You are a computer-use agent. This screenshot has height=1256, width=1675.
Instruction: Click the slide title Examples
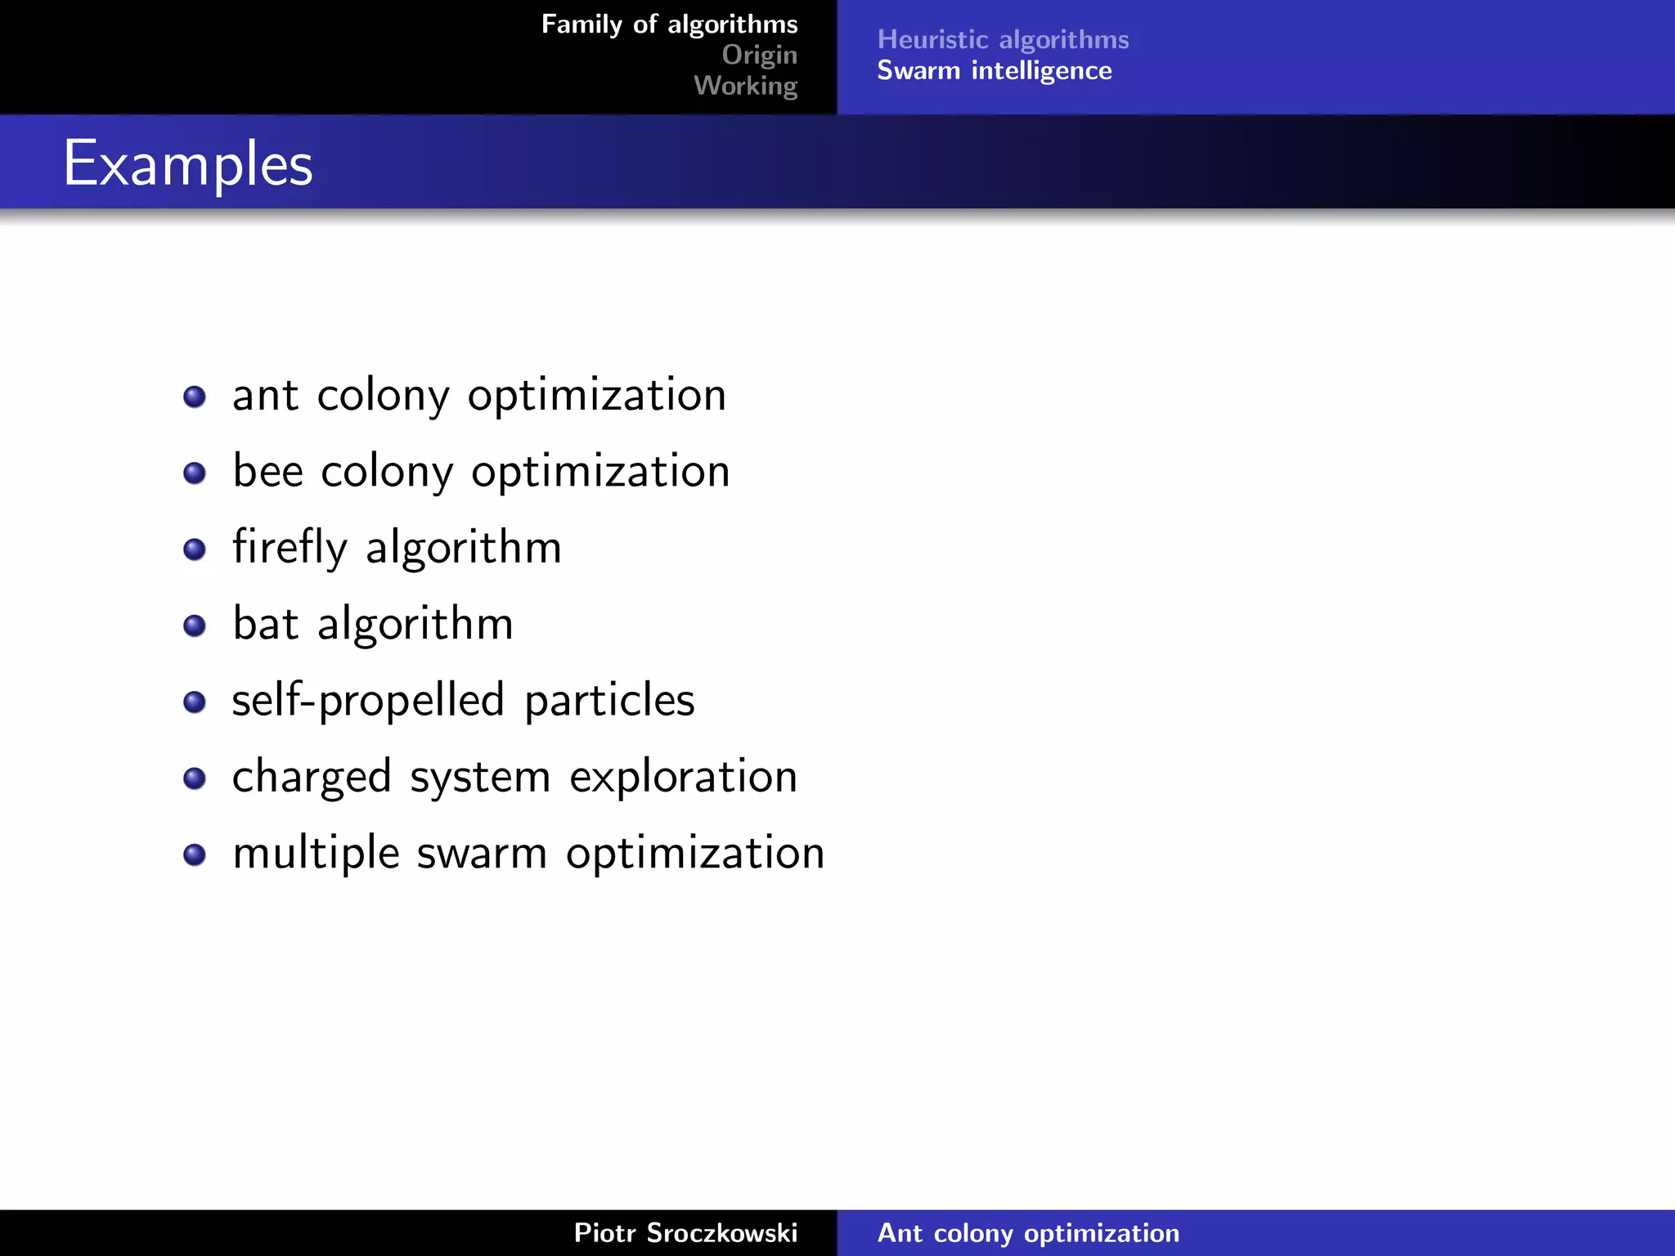(188, 164)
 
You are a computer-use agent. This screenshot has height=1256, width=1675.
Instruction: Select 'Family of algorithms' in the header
(669, 25)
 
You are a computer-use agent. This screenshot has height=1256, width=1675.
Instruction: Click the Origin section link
(759, 55)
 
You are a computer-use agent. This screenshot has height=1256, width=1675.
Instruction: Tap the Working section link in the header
(745, 86)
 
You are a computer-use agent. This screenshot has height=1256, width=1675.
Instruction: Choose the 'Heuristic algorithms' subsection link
(1003, 39)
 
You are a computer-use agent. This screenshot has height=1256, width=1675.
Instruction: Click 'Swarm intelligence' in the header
(994, 71)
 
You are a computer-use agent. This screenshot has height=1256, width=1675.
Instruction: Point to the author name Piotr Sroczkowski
(685, 1232)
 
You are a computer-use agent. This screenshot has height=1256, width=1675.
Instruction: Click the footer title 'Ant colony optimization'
(1028, 1232)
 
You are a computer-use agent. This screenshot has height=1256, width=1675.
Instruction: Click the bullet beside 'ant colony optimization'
(195, 397)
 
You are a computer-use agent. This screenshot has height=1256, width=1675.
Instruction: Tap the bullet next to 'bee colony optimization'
(195, 473)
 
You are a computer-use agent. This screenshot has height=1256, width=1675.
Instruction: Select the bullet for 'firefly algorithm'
(195, 549)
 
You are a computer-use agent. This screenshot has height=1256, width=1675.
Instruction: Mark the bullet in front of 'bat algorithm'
(195, 626)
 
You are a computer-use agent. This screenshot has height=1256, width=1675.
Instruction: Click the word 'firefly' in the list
(290, 548)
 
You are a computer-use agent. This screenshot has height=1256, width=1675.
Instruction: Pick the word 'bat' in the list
(266, 624)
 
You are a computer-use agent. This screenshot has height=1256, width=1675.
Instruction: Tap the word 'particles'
(609, 701)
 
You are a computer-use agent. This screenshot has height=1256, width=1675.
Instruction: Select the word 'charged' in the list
(312, 777)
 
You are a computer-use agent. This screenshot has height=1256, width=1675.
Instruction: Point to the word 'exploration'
(683, 777)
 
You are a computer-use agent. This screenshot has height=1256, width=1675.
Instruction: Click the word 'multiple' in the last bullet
(316, 854)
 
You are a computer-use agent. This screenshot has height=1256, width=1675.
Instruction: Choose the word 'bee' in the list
(268, 472)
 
